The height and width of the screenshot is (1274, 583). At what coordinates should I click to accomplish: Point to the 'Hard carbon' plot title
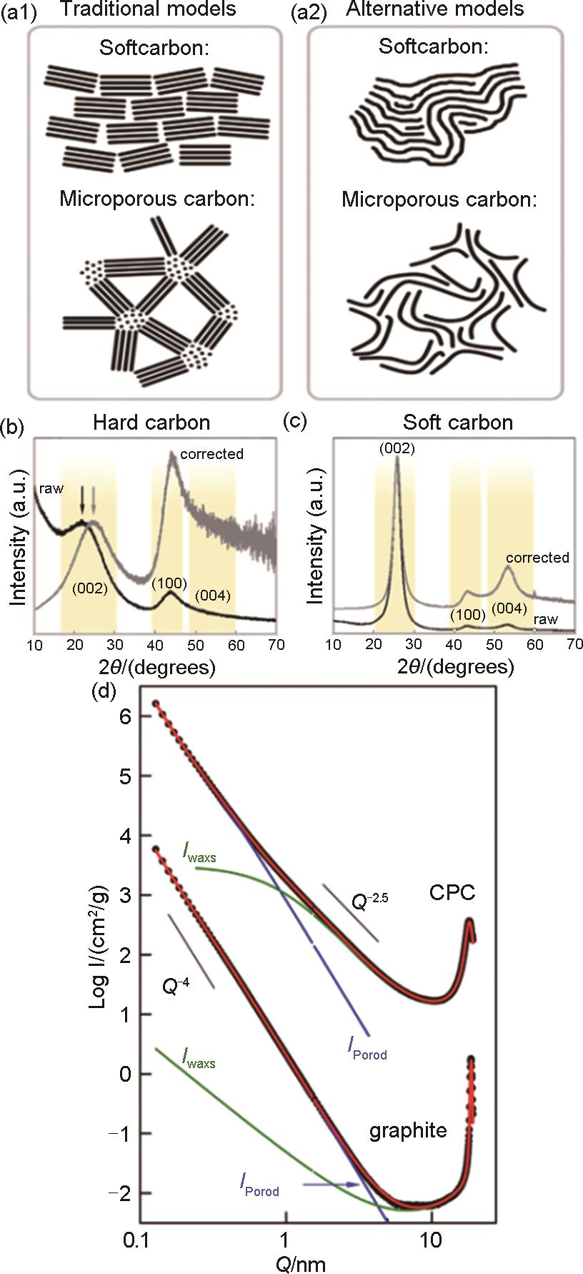(x=151, y=422)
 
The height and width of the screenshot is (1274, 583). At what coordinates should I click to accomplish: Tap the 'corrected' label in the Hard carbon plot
(x=212, y=454)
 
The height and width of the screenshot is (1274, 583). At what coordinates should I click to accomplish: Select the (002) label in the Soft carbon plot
(x=397, y=450)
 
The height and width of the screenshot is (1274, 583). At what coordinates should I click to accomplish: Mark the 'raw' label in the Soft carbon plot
(x=546, y=619)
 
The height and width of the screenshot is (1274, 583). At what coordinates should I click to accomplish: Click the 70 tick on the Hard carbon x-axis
(x=275, y=645)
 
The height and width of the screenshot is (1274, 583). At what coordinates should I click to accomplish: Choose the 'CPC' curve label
(x=452, y=892)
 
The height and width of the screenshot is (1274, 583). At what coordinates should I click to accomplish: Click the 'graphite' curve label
(x=408, y=1130)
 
